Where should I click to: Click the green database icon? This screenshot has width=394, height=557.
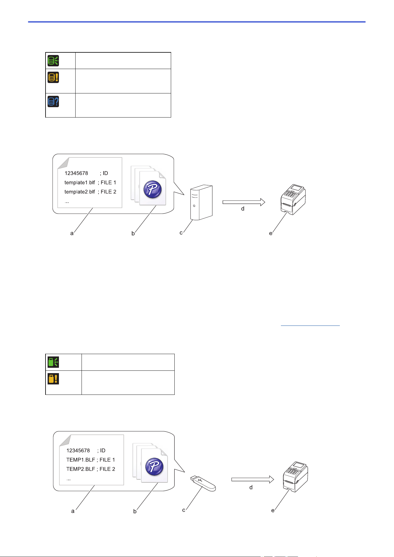point(53,61)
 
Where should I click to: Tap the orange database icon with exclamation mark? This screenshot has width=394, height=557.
point(53,77)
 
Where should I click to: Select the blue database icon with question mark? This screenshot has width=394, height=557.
point(53,101)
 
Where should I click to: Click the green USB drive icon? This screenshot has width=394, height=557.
point(53,362)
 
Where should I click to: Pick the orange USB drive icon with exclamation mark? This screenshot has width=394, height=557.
point(53,379)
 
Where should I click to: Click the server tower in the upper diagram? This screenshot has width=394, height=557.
point(201,202)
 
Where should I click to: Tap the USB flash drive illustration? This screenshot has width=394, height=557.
point(203,483)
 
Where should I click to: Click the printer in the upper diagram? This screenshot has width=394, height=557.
point(293,199)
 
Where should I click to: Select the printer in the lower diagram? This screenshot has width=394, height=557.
point(295,477)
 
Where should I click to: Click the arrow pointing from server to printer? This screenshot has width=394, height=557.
point(244,202)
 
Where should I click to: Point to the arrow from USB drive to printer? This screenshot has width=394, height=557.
point(253,479)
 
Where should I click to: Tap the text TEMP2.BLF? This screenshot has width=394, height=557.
point(81,469)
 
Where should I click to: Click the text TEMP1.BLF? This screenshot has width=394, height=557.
point(81,460)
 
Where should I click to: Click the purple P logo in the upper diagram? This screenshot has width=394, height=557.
point(152,189)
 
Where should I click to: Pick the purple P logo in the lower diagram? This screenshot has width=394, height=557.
point(154,467)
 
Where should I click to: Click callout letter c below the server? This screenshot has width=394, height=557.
point(181,233)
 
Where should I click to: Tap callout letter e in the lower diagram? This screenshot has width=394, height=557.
point(273,510)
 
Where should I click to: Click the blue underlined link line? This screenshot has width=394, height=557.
point(310,326)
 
